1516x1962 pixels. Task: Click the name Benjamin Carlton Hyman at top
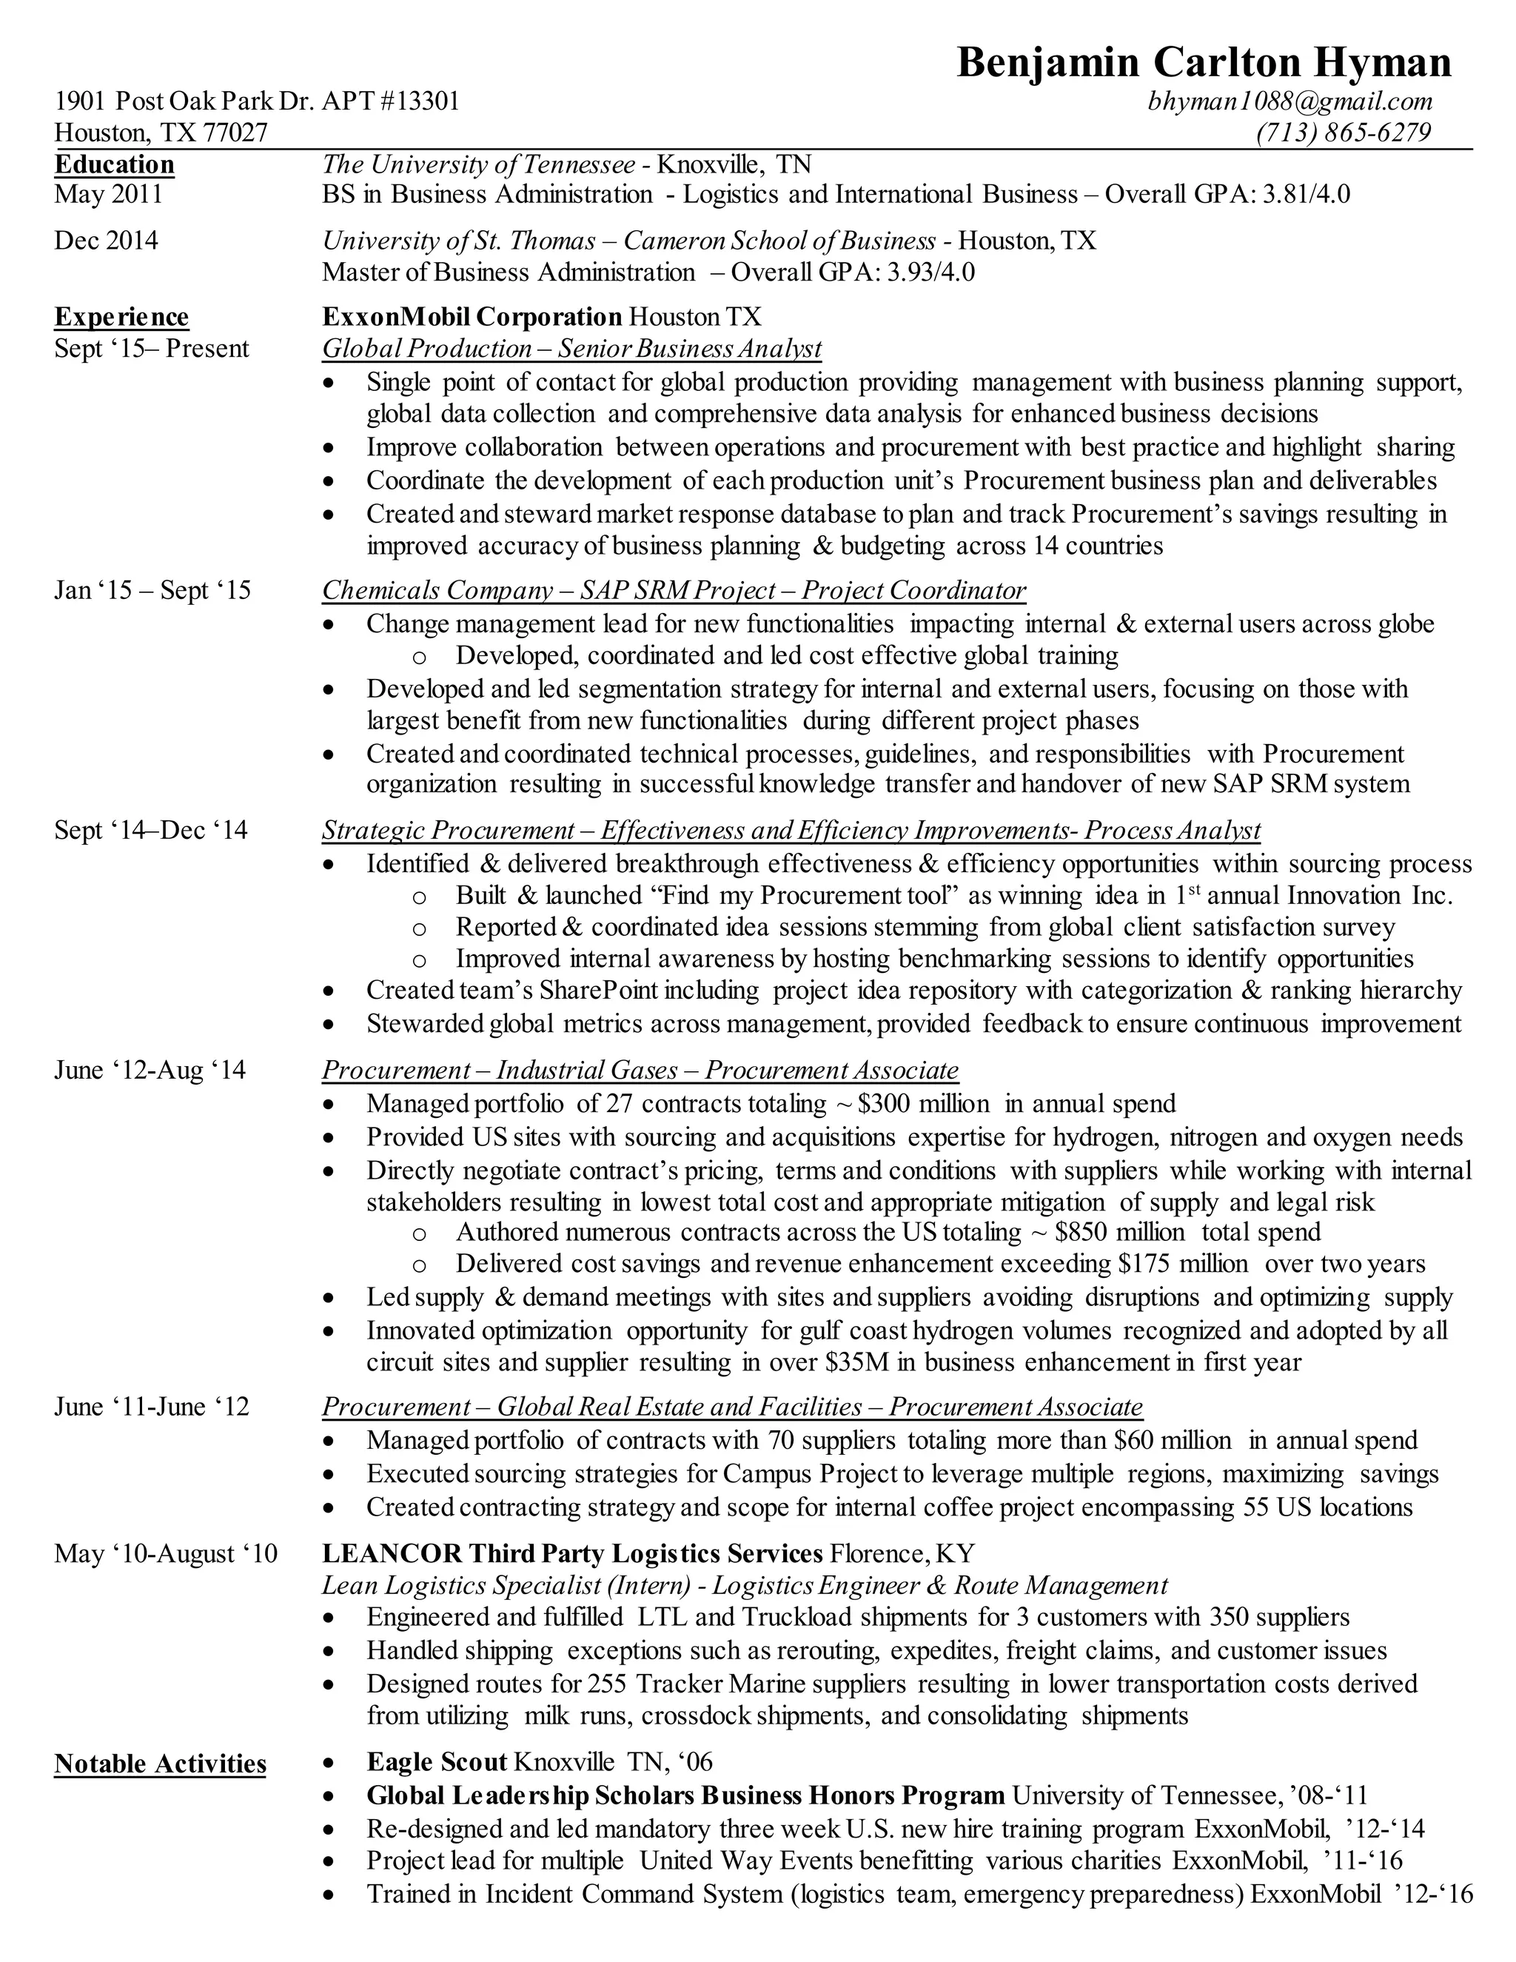click(x=1204, y=63)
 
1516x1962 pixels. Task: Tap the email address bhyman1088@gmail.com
click(x=1289, y=101)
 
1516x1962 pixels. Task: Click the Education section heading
click(x=114, y=164)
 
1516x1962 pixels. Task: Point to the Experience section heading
click(x=121, y=317)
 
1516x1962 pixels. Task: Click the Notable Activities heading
click(x=160, y=1764)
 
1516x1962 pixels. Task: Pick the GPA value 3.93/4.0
click(x=930, y=272)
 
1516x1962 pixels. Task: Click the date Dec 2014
click(x=106, y=241)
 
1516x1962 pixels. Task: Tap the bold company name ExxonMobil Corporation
click(x=472, y=317)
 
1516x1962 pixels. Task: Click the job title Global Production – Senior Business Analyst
click(x=571, y=349)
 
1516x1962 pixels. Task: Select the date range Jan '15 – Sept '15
click(x=152, y=590)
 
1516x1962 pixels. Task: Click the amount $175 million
click(x=1183, y=1264)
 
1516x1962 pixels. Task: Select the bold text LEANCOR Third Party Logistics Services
click(x=572, y=1553)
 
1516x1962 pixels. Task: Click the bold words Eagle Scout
click(x=437, y=1763)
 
